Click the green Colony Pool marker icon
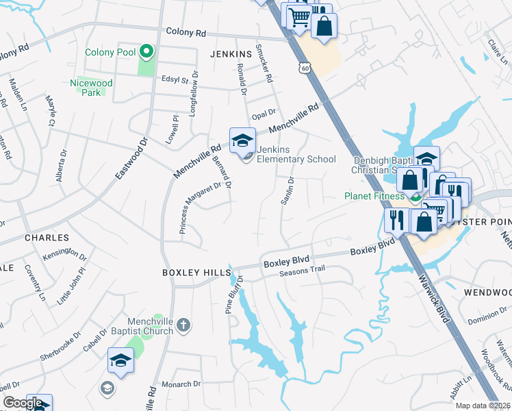point(145,52)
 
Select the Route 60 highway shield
point(305,68)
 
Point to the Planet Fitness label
point(375,196)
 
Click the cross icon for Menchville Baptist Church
point(183,325)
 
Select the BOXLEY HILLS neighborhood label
point(196,273)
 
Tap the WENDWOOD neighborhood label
point(487,292)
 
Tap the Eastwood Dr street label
point(131,158)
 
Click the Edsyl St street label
point(175,80)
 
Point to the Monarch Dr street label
point(179,385)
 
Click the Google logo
point(23,403)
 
